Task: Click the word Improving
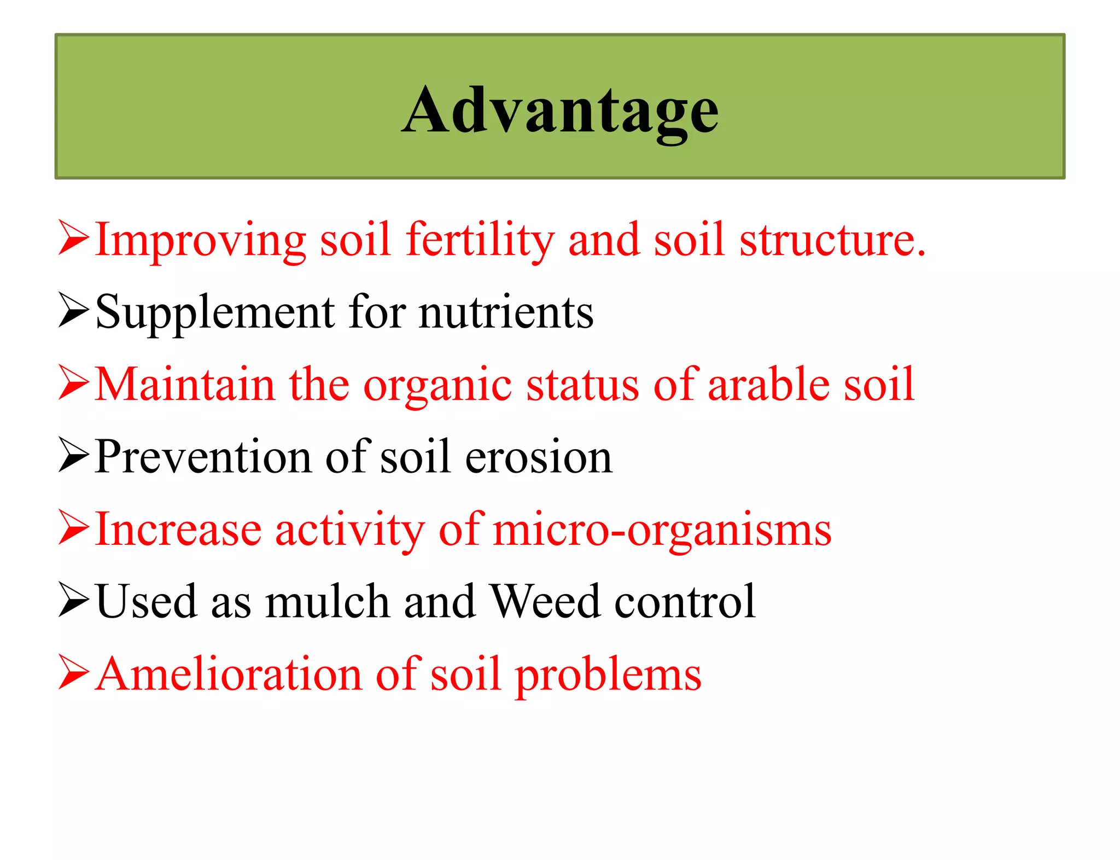pyautogui.click(x=200, y=241)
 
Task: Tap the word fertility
pyautogui.click(x=480, y=241)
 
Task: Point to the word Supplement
pyautogui.click(x=215, y=313)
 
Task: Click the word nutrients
pyautogui.click(x=506, y=313)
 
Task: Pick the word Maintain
pyautogui.click(x=184, y=385)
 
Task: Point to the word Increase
pyautogui.click(x=178, y=530)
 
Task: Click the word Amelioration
pyautogui.click(x=228, y=675)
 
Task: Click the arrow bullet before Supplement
pyautogui.click(x=73, y=311)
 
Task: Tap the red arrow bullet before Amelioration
pyautogui.click(x=73, y=672)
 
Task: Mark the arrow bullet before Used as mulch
pyautogui.click(x=73, y=600)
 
